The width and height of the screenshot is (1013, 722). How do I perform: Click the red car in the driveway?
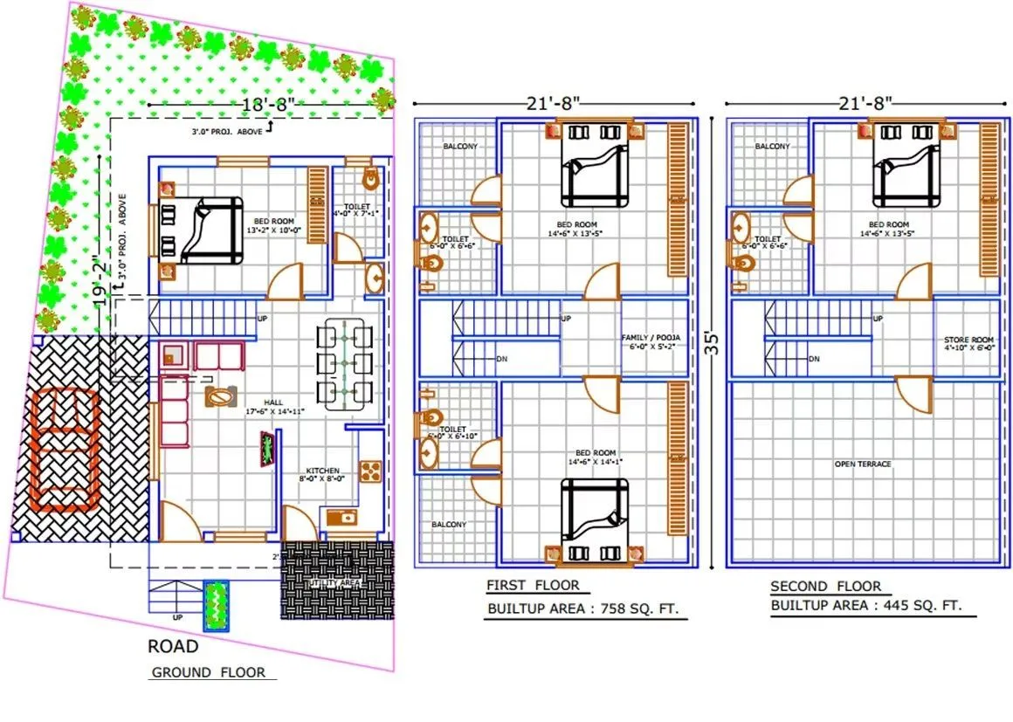(x=64, y=447)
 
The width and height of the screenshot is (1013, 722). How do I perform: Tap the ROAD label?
(x=172, y=647)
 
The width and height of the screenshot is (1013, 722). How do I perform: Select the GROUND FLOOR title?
(x=206, y=672)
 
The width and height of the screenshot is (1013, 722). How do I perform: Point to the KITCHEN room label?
(x=321, y=471)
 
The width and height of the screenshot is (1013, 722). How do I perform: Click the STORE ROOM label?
(x=968, y=340)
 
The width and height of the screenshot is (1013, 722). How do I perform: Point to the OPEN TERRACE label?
(x=863, y=464)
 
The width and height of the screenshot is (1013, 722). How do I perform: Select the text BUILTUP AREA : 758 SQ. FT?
(x=582, y=608)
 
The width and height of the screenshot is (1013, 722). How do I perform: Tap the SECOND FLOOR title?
(x=825, y=586)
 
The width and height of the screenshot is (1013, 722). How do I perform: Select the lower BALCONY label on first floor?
(x=449, y=525)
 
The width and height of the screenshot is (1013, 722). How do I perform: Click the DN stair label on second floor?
(x=814, y=359)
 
